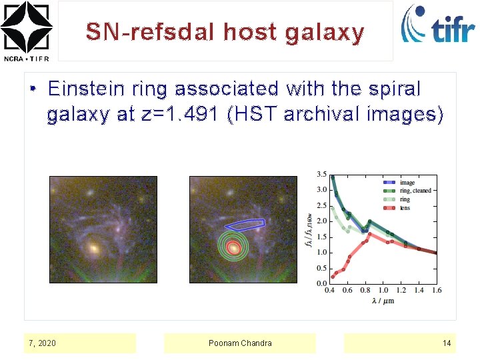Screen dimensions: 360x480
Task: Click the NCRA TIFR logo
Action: (x=26, y=31)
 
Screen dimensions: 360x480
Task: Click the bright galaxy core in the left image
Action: (x=94, y=248)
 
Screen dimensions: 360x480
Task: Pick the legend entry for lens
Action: (x=405, y=208)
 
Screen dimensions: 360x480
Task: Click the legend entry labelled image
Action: (x=407, y=182)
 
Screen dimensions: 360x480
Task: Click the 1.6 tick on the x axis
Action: (x=437, y=291)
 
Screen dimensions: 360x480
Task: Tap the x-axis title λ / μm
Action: (x=383, y=301)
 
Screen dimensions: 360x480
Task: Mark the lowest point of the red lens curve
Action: (x=333, y=277)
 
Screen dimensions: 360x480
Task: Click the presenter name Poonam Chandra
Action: (x=240, y=343)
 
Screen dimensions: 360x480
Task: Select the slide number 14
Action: (x=447, y=343)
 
